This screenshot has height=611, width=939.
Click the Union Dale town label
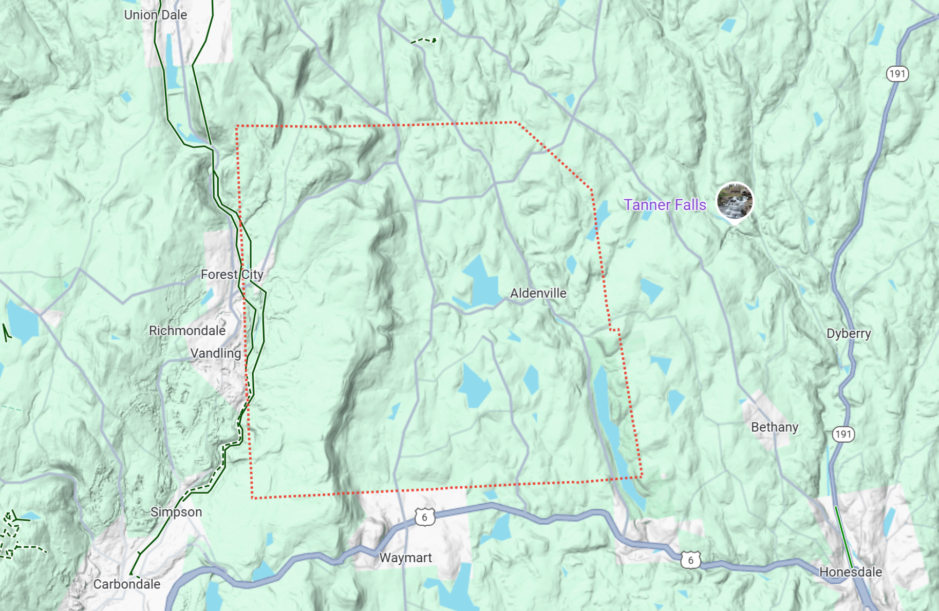(155, 15)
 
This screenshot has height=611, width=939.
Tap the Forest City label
(232, 274)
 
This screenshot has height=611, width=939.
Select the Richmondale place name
(187, 331)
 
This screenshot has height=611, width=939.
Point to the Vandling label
(215, 353)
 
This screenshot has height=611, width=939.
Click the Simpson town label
(176, 512)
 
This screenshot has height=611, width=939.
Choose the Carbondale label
(126, 584)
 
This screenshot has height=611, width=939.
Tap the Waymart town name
(405, 558)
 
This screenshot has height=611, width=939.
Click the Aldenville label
(538, 293)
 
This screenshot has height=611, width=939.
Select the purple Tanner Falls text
(665, 205)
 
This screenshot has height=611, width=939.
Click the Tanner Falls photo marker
(735, 201)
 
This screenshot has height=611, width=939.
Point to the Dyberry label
(848, 334)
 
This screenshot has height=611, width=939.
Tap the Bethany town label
(774, 427)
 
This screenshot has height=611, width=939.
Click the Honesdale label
(850, 572)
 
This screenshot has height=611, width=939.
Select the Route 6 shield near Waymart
(424, 517)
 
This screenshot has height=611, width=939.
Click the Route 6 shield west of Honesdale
(690, 560)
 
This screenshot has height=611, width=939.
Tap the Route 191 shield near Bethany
(843, 434)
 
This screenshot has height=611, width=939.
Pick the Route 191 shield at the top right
(897, 74)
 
